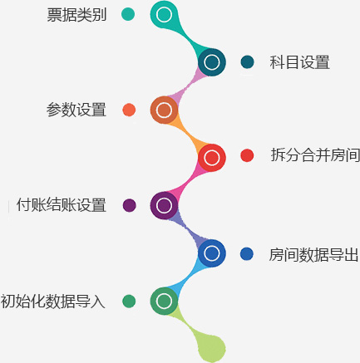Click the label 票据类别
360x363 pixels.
[76, 15]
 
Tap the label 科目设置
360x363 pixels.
[299, 62]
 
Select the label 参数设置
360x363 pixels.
[76, 110]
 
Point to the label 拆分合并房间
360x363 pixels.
[315, 155]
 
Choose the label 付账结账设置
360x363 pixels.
[62, 205]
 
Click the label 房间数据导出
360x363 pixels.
[314, 255]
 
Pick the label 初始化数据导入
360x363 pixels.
[52, 302]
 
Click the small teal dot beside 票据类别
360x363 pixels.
[128, 14]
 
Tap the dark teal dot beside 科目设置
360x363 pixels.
[247, 61]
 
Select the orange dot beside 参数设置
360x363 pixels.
[129, 110]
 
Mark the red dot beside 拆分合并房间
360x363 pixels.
[247, 155]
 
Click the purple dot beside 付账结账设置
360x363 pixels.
[130, 205]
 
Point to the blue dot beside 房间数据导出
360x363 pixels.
[247, 254]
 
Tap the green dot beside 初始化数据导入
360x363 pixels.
[129, 301]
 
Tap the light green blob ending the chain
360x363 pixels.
[211, 347]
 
